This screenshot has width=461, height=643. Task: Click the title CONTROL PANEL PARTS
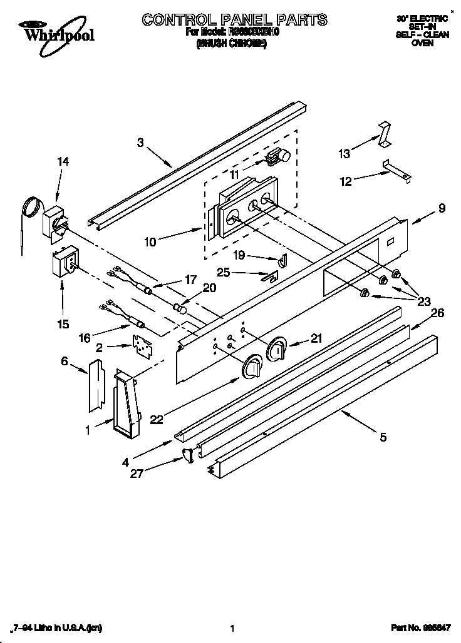(234, 20)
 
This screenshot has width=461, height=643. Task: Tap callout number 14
(63, 161)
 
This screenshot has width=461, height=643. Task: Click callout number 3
(140, 143)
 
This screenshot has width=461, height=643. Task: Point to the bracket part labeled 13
(384, 134)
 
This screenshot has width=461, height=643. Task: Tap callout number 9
(442, 209)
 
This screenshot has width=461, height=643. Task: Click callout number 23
(424, 301)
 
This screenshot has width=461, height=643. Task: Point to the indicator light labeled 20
(180, 308)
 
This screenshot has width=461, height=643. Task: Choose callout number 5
(383, 438)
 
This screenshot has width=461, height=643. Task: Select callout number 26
(437, 313)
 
